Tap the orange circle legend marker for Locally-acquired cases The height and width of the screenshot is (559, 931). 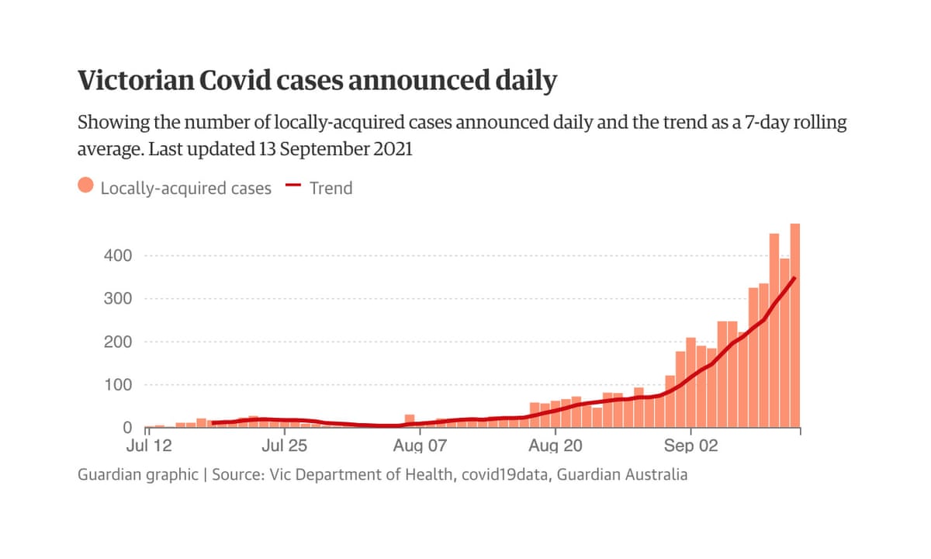86,187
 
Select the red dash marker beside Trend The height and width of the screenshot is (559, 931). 292,186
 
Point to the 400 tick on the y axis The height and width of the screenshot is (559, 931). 118,255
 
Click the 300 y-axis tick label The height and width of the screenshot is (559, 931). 118,299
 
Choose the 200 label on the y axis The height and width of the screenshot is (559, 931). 118,342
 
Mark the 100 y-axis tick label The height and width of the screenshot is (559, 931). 118,385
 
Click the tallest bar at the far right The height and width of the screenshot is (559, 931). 794,326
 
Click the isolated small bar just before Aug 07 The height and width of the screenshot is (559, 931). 410,420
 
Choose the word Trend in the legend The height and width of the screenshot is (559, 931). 331,187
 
